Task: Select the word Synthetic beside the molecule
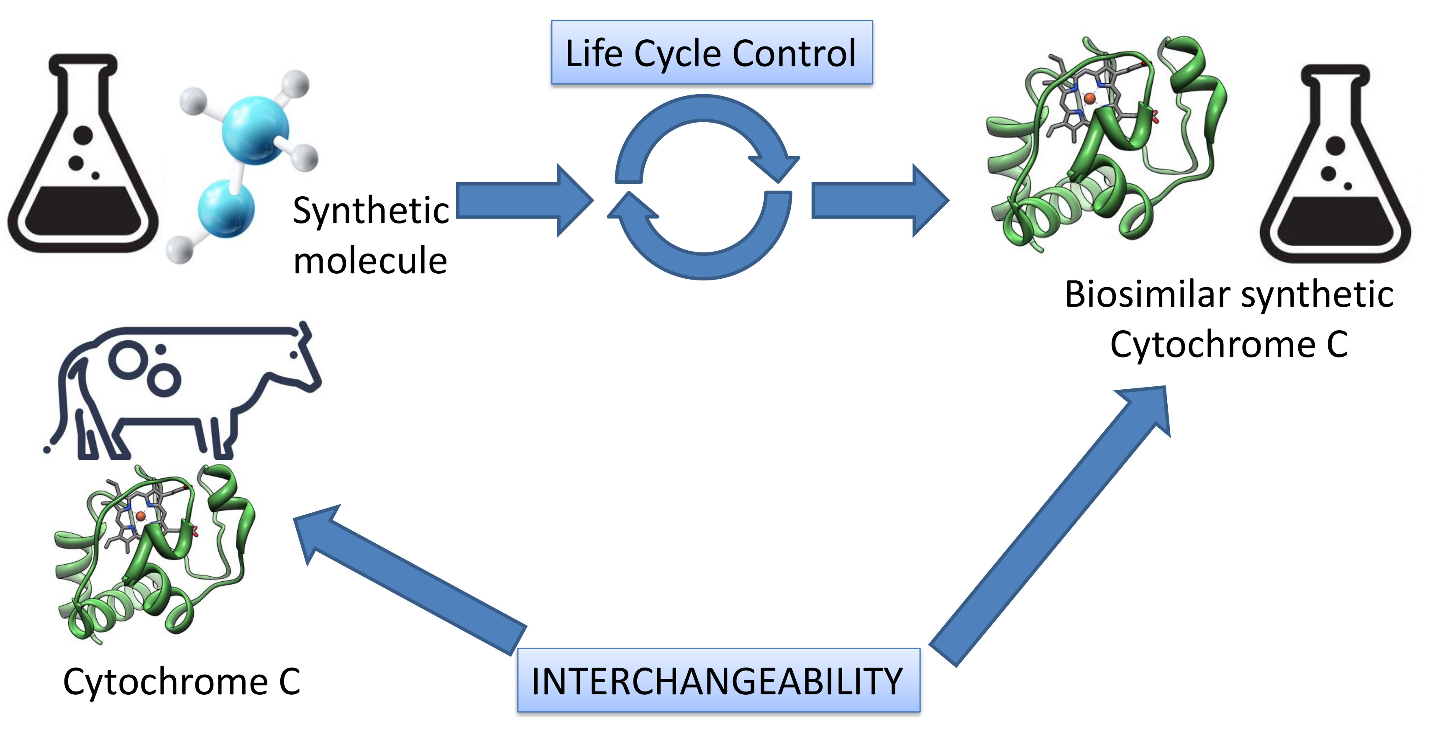point(371,211)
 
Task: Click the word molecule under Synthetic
point(370,260)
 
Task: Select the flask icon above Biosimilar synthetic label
point(1335,167)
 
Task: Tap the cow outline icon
point(184,391)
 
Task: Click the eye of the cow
point(294,355)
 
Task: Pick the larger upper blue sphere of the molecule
point(256,130)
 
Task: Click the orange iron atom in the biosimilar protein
point(1089,99)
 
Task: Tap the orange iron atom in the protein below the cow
point(141,516)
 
